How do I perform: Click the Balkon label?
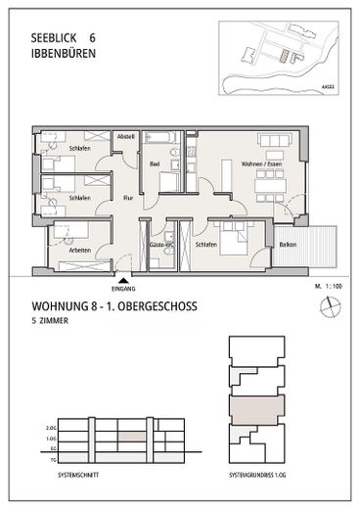coord(289,244)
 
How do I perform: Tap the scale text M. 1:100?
coord(328,287)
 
